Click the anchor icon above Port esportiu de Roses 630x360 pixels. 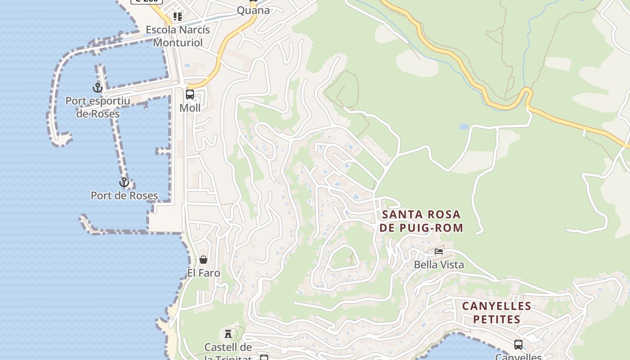click(98, 88)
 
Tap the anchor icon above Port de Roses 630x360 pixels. click(124, 183)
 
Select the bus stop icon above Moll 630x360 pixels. click(190, 94)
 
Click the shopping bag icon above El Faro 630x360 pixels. click(203, 260)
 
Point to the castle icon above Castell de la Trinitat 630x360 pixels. click(228, 334)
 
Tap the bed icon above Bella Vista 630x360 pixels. click(439, 252)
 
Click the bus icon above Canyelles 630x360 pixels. click(518, 345)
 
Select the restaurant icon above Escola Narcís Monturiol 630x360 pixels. click(178, 17)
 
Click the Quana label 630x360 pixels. click(253, 10)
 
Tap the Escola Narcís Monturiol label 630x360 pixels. click(178, 36)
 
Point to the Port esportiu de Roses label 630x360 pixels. click(98, 107)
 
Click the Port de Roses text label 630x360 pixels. click(124, 196)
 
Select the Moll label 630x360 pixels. click(190, 108)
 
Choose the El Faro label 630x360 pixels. click(204, 273)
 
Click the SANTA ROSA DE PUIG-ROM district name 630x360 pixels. click(421, 221)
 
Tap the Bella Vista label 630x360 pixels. click(439, 265)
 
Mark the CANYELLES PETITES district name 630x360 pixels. click(497, 313)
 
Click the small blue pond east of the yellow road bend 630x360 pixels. click(463, 127)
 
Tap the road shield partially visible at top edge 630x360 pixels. click(147, 1)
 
